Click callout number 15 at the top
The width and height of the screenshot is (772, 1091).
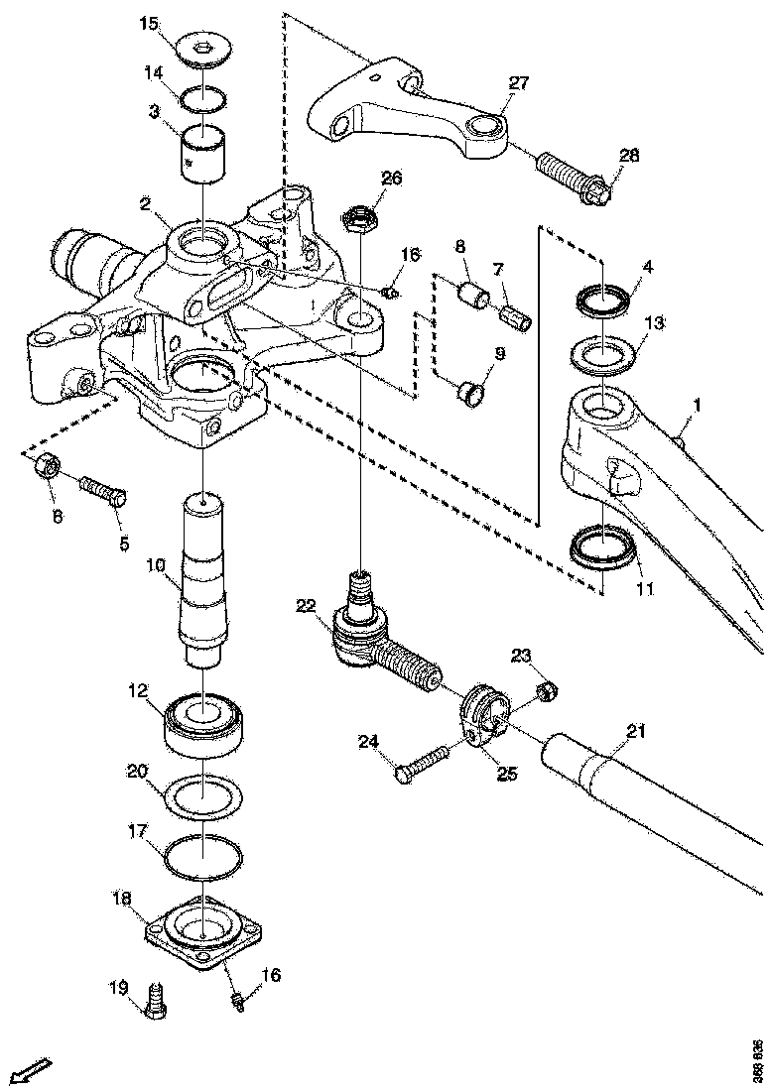pos(148,23)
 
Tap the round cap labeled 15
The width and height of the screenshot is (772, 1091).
pos(206,51)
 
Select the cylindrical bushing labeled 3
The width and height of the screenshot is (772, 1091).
pos(203,151)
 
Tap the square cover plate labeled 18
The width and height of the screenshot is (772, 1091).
pos(203,931)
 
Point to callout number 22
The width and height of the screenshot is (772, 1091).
pos(304,604)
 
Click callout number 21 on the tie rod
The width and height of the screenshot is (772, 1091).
pos(636,732)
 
